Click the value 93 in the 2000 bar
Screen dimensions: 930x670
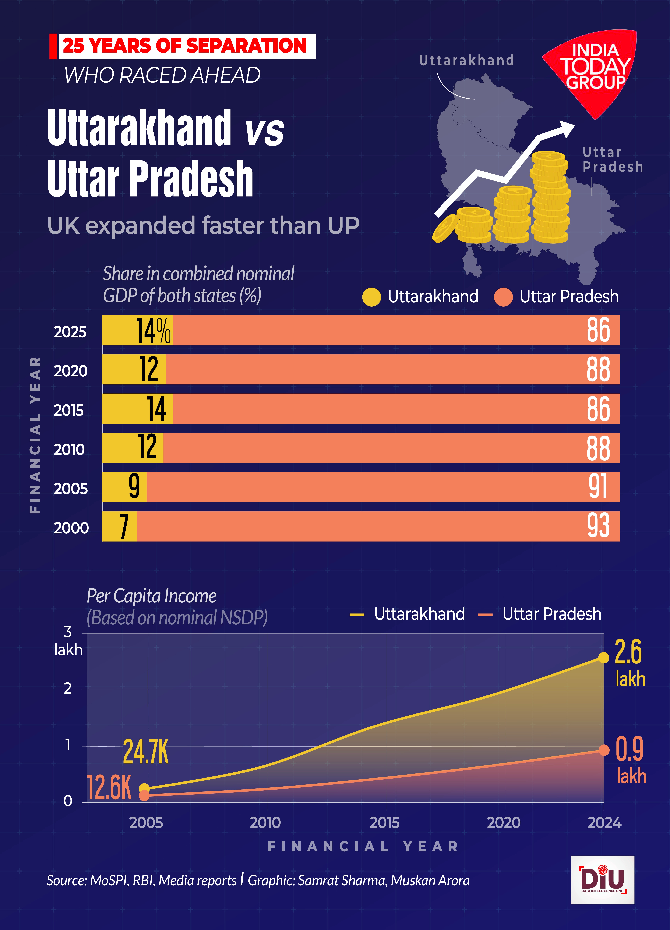click(x=598, y=526)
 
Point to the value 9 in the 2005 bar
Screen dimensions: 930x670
click(x=134, y=487)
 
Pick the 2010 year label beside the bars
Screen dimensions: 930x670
click(x=69, y=449)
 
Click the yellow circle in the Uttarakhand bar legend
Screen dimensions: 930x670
click(x=371, y=297)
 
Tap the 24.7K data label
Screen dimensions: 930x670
click(x=146, y=752)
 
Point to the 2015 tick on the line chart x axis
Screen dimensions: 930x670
click(x=384, y=823)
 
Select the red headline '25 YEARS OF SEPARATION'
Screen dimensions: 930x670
click(x=185, y=46)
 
